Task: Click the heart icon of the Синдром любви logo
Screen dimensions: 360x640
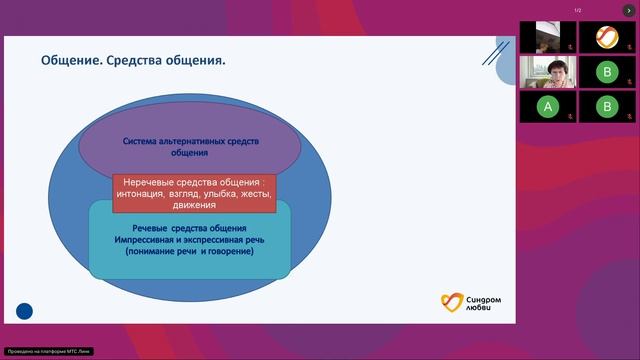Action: tap(453, 302)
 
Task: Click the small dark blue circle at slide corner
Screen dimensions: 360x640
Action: tap(25, 312)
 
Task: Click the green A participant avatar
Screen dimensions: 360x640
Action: tap(546, 105)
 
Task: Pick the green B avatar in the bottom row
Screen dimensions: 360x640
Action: tap(606, 105)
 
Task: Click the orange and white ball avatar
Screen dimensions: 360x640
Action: tap(606, 37)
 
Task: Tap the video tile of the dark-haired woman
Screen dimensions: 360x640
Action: tap(546, 71)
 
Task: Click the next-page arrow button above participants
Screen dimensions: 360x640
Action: tap(629, 10)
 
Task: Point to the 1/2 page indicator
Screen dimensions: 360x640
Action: tap(578, 10)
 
